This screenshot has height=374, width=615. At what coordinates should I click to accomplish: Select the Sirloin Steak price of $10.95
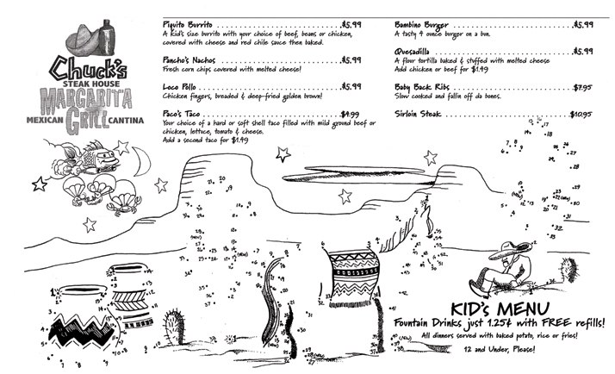580,113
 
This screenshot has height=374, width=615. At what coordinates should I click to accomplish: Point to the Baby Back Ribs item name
421,87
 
